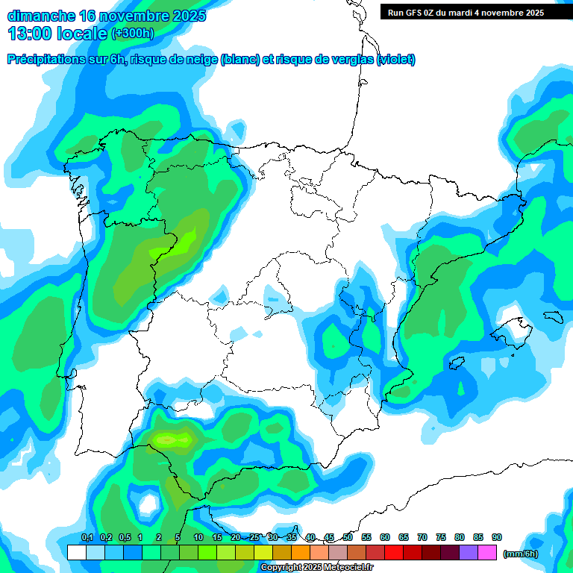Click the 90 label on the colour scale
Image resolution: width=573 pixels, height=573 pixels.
click(497, 537)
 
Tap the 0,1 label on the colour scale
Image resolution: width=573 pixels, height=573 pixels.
click(87, 537)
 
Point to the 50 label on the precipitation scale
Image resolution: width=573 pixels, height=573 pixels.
click(348, 537)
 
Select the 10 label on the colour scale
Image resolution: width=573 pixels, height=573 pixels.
click(198, 537)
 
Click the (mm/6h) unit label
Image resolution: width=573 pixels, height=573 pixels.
click(520, 553)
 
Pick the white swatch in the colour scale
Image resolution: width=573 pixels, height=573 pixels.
click(76, 553)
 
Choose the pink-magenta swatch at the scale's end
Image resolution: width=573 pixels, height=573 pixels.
click(487, 553)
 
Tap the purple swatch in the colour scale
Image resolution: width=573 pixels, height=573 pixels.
click(469, 553)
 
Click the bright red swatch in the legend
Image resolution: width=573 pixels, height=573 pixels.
click(394, 553)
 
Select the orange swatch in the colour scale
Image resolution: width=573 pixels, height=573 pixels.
click(301, 553)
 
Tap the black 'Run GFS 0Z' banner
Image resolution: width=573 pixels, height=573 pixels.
click(476, 13)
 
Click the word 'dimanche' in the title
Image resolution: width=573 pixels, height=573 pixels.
click(41, 16)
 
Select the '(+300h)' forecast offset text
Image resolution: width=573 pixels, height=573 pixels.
click(132, 34)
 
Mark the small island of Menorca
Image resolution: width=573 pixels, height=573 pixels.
click(553, 316)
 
